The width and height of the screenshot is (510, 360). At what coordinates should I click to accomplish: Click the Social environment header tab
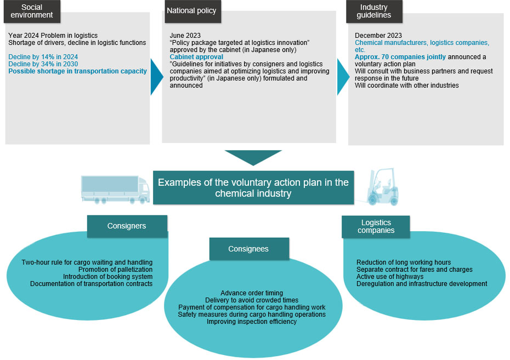point(32,12)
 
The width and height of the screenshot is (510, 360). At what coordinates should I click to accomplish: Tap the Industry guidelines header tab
point(374,12)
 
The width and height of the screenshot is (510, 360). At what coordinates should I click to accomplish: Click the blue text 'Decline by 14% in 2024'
point(43,57)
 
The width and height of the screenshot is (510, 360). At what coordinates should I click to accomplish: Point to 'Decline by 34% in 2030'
point(43,64)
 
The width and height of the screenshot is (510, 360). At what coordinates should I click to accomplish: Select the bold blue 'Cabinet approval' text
point(196,57)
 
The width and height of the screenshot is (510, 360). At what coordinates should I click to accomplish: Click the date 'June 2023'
point(185,36)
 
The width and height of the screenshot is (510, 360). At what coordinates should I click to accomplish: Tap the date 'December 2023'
point(378,36)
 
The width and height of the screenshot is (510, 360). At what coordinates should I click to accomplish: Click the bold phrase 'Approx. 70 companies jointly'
point(400,57)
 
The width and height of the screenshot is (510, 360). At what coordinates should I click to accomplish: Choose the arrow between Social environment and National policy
point(156,77)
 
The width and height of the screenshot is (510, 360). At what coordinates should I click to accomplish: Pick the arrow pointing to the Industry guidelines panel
point(343,77)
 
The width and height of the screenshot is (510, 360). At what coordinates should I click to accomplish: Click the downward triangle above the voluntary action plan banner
point(253,158)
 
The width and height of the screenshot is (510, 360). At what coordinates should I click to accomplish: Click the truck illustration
point(115,190)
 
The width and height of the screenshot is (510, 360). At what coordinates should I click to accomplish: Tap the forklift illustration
point(382,187)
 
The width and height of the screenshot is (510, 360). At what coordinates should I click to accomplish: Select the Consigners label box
point(127,226)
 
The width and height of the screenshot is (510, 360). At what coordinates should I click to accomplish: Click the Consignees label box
point(249,249)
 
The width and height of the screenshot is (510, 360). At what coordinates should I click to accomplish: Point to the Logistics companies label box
point(376,226)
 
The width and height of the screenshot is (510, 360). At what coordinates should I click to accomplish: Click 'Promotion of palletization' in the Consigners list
point(116,270)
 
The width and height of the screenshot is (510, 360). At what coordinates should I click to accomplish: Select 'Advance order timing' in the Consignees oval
point(252,293)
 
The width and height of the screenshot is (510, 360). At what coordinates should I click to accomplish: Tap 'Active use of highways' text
point(390,277)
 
